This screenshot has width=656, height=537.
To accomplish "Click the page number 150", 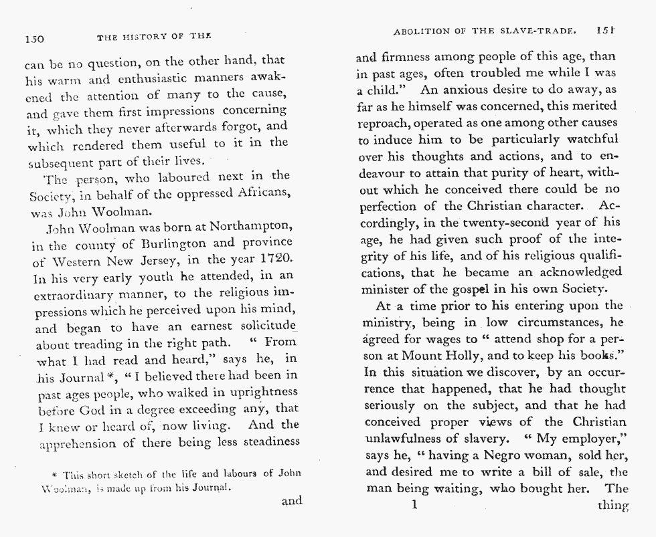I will pos(34,39).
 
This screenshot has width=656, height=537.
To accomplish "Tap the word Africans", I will pos(258,193).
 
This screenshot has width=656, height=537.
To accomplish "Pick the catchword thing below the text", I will pos(612,506).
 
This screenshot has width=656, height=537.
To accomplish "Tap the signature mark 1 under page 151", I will pos(415,506).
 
